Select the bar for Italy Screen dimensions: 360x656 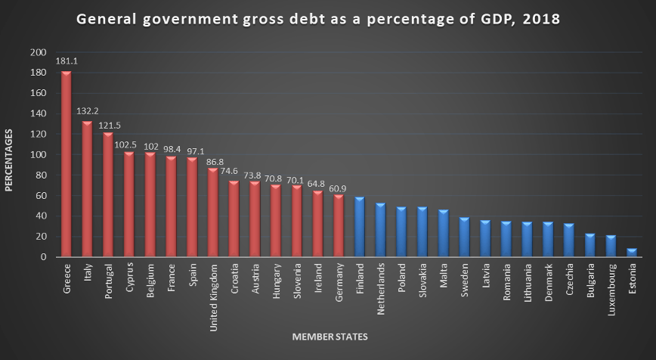[x=87, y=189]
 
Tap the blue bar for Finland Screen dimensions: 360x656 [x=360, y=227]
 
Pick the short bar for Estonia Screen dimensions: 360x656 [x=632, y=253]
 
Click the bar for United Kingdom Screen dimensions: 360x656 [x=213, y=213]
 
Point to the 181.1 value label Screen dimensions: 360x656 [x=66, y=63]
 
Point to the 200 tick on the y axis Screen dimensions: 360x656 [x=37, y=53]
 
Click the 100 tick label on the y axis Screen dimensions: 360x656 [x=37, y=155]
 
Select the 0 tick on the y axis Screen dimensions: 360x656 [x=42, y=257]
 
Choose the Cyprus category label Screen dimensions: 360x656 [x=129, y=279]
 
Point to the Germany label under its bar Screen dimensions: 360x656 [x=339, y=282]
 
